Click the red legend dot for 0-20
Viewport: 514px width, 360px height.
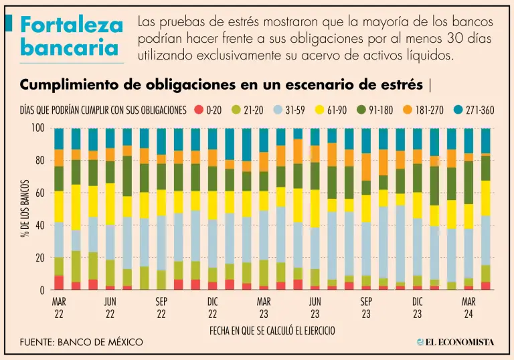click(198, 110)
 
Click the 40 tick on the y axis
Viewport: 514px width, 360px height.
click(40, 226)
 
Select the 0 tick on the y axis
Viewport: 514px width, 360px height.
click(42, 290)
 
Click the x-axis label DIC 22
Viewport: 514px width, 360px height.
click(212, 307)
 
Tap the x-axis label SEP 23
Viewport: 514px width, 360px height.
click(366, 307)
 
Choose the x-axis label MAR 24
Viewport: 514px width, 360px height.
click(469, 307)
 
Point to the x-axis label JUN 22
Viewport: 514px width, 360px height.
click(110, 307)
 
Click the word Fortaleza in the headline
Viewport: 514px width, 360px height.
click(72, 25)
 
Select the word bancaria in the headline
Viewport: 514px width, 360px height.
click(70, 48)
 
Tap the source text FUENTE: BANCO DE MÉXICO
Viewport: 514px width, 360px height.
click(82, 342)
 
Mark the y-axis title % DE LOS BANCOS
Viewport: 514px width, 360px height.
click(24, 208)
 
